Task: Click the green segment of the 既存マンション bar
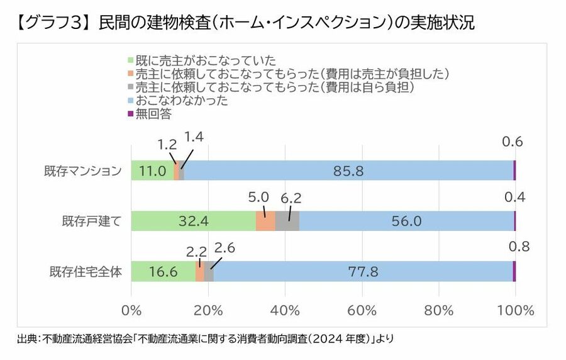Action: (152, 171)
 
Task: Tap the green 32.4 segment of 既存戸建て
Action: (193, 221)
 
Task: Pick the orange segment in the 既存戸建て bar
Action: (265, 221)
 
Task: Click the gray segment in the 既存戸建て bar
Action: (287, 221)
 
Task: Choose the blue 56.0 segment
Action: (406, 221)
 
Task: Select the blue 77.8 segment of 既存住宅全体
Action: (363, 271)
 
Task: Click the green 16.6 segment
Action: (163, 271)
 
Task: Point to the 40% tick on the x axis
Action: (285, 310)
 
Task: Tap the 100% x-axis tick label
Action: (515, 310)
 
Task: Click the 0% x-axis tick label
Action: (131, 310)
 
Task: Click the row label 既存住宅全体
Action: (86, 272)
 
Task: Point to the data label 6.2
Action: (291, 198)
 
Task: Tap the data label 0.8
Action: (519, 246)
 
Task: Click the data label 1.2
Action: (167, 144)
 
